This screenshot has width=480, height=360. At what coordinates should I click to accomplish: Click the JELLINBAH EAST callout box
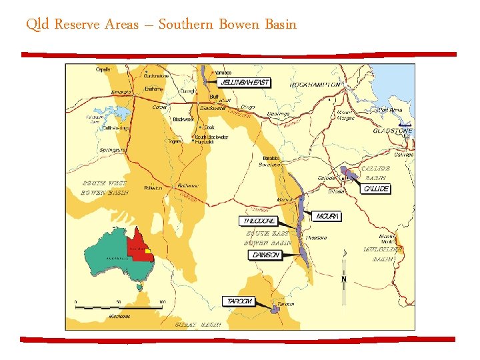(x=245, y=83)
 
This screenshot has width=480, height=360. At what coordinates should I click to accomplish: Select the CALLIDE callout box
(x=375, y=189)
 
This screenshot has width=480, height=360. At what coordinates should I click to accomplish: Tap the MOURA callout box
(x=327, y=217)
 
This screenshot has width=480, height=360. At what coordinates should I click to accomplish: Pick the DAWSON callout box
(x=265, y=255)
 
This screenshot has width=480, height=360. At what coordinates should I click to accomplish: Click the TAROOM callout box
(x=239, y=301)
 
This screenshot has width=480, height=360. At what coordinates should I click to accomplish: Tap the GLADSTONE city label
(x=393, y=131)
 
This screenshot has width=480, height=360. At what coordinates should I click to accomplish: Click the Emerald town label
(x=121, y=92)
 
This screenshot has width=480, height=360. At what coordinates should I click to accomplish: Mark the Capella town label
(x=103, y=69)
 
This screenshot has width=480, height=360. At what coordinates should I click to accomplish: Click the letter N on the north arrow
(x=344, y=279)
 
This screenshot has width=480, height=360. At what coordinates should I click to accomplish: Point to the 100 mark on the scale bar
(x=161, y=302)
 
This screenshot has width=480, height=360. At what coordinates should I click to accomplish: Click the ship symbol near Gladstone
(x=404, y=123)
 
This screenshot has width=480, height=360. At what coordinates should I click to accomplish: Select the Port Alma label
(x=389, y=109)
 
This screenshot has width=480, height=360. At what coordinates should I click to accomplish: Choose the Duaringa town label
(x=278, y=114)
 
